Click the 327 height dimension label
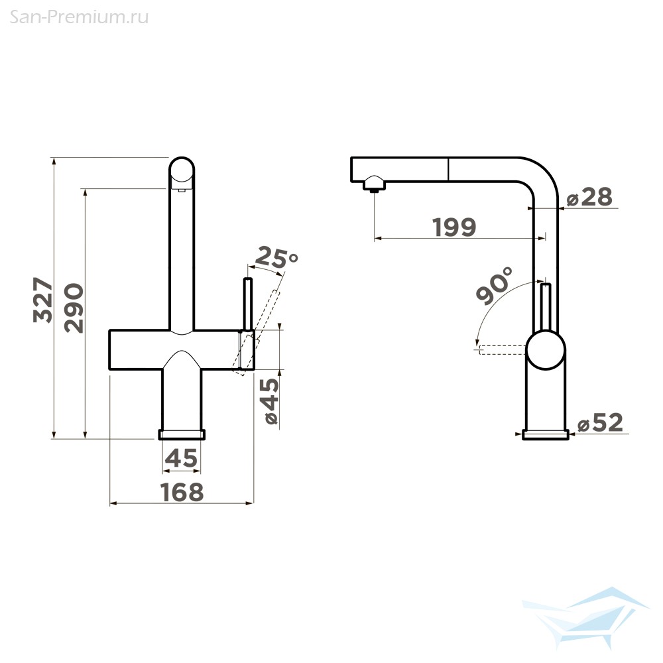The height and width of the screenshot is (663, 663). [44, 300]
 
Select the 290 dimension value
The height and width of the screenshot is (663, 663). [74, 308]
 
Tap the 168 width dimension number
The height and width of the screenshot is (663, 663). [182, 492]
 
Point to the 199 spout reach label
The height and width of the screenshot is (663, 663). [455, 227]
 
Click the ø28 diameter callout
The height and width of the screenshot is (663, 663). [589, 197]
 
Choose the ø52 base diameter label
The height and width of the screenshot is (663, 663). [601, 422]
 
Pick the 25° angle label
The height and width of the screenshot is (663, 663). [276, 257]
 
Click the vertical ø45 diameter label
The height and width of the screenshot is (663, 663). [271, 401]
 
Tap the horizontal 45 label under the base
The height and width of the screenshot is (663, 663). [182, 458]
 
